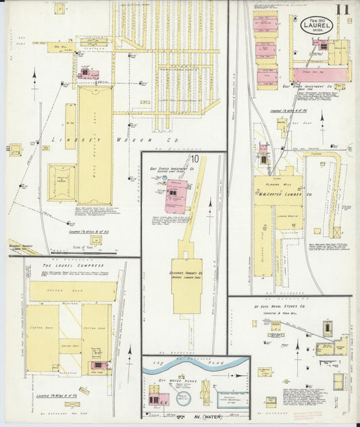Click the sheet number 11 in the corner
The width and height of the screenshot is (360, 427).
(344, 9)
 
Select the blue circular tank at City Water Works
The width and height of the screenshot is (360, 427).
(184, 398)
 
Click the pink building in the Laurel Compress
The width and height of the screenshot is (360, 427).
(99, 365)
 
